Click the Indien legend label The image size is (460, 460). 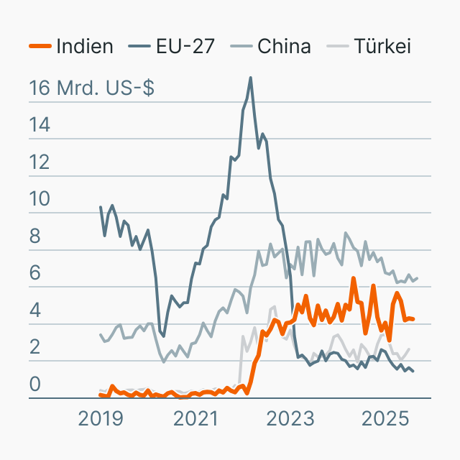point(84,47)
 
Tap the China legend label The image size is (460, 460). point(284,47)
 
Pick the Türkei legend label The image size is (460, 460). point(382,47)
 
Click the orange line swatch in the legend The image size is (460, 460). point(40,47)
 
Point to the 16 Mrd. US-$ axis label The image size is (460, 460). point(91,88)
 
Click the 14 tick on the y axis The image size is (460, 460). point(40,126)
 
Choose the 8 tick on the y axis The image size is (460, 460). point(34,237)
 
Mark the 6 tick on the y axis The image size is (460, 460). point(34,274)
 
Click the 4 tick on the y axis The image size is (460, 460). point(34,311)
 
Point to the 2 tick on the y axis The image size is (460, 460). point(34,349)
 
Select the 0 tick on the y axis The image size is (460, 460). point(34,385)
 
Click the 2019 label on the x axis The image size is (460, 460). point(101,418)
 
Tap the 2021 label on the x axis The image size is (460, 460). point(195,418)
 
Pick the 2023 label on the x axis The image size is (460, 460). point(290,418)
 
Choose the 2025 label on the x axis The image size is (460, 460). point(385,418)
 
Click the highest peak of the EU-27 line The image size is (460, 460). point(250,78)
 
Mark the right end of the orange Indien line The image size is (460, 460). point(413,319)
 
